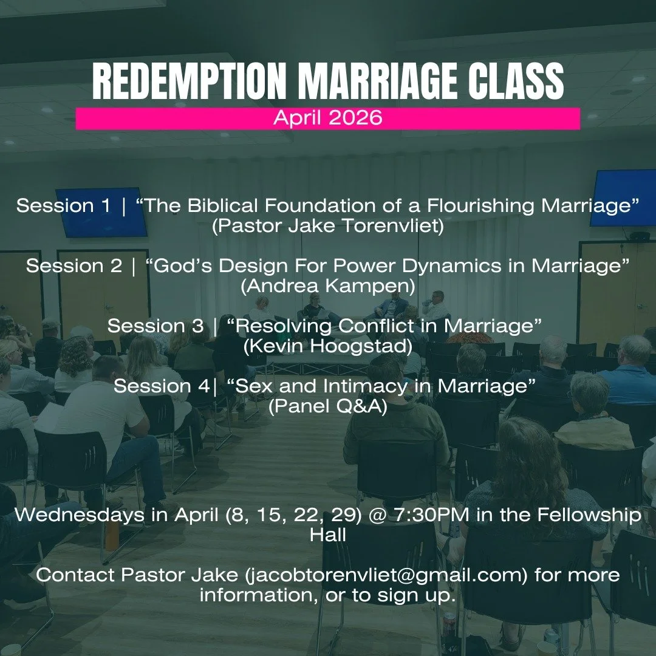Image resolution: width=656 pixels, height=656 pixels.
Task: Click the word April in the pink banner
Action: click(297, 118)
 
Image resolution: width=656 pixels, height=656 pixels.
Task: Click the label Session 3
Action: click(155, 326)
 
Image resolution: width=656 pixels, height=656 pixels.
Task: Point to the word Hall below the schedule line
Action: click(328, 535)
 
